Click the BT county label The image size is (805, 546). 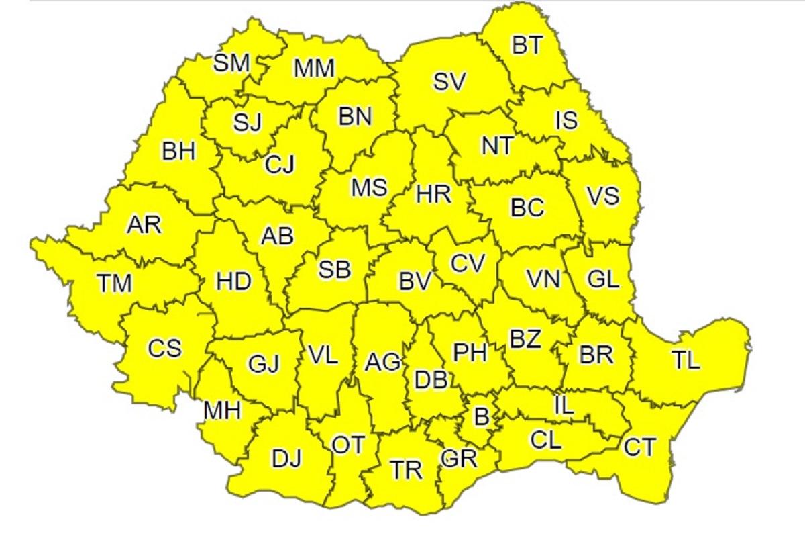pyautogui.click(x=527, y=46)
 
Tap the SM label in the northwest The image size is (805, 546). pyautogui.click(x=231, y=63)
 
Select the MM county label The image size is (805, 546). pyautogui.click(x=314, y=68)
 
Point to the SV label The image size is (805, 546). pyautogui.click(x=449, y=82)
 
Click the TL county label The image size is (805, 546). pyautogui.click(x=685, y=361)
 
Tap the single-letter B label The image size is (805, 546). pyautogui.click(x=482, y=417)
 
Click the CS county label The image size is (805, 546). pyautogui.click(x=164, y=349)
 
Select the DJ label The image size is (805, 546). pyautogui.click(x=286, y=459)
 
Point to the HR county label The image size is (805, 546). pyautogui.click(x=433, y=195)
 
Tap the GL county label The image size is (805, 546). pyautogui.click(x=602, y=279)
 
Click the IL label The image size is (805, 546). pyautogui.click(x=563, y=406)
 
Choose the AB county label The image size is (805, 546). pyautogui.click(x=277, y=236)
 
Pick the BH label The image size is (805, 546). pyautogui.click(x=178, y=151)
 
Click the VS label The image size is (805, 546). pyautogui.click(x=602, y=197)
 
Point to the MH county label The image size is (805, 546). pyautogui.click(x=222, y=410)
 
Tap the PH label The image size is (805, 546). pyautogui.click(x=470, y=352)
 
